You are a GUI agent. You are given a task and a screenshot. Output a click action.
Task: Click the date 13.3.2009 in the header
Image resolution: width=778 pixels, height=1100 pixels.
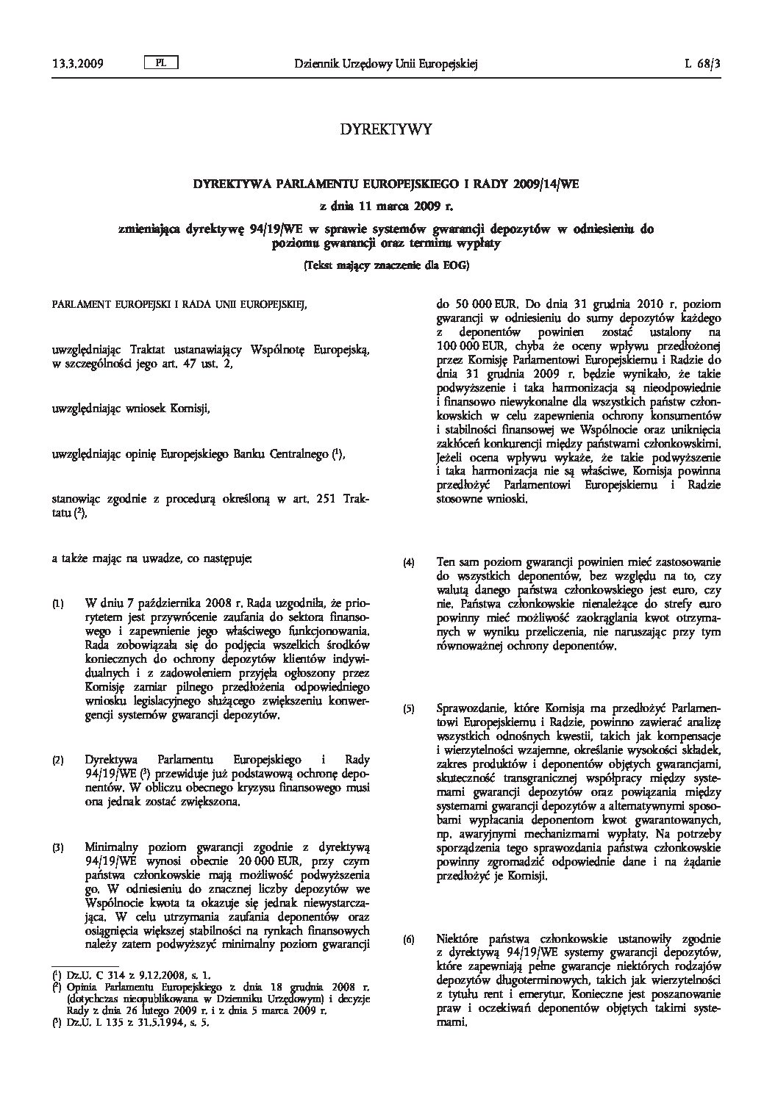click(77, 65)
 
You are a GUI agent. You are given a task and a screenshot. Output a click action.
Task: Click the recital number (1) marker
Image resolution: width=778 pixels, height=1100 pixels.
click(58, 605)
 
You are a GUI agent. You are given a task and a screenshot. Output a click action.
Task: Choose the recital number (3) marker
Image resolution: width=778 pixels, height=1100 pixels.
click(58, 826)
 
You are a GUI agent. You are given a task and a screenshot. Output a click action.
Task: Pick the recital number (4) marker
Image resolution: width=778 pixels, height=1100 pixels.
click(409, 564)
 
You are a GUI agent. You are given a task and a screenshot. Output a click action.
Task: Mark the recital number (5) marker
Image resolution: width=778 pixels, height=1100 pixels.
click(409, 710)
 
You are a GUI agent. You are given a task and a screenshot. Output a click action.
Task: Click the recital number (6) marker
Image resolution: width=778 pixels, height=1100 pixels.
click(409, 941)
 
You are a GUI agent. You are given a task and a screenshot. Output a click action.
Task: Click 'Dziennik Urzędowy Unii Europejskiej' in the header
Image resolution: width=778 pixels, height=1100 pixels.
click(386, 65)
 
